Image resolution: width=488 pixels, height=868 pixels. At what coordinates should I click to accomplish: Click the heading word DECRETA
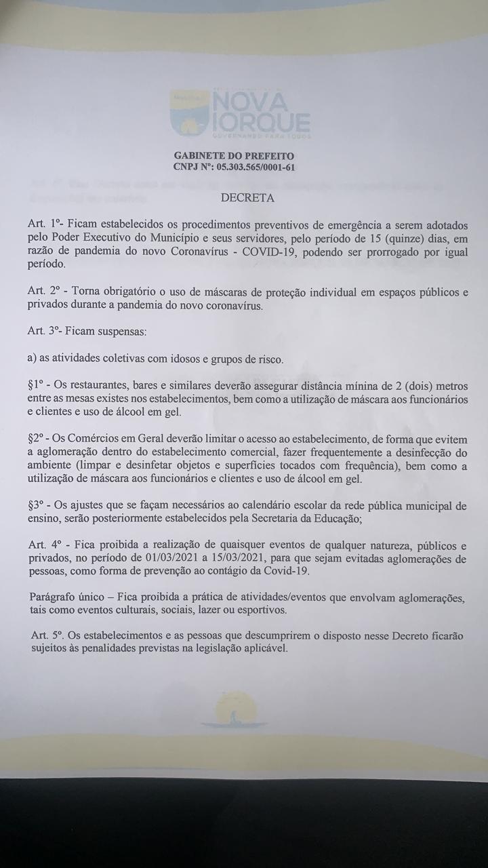point(247,199)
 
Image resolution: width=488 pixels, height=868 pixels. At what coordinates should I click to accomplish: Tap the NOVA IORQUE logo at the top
point(241,115)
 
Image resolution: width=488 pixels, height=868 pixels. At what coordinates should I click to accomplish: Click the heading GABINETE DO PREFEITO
point(234,156)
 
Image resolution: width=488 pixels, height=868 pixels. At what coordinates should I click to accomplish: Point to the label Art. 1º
point(45,224)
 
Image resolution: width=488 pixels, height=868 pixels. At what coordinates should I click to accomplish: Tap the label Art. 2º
point(45,291)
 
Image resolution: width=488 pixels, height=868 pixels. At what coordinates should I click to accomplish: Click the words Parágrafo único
point(66,598)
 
